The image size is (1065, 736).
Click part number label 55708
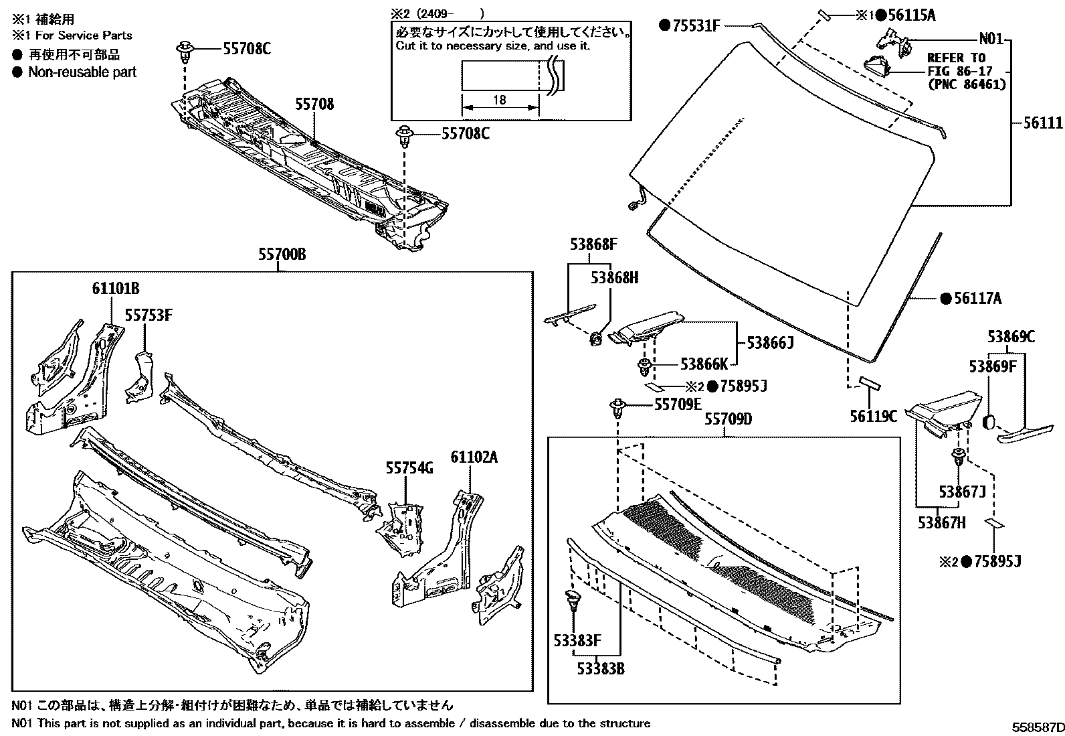click(x=315, y=104)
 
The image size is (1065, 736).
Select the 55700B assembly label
click(x=282, y=254)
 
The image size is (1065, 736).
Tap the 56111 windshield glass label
click(x=1043, y=123)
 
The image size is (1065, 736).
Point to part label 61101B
click(x=116, y=289)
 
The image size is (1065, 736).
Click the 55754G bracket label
click(x=409, y=468)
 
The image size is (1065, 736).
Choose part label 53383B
click(x=601, y=668)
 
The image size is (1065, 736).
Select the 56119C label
click(x=873, y=416)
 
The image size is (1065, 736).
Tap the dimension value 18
click(x=499, y=100)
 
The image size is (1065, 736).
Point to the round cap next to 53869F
click(x=989, y=422)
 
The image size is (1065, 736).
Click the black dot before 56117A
click(x=945, y=299)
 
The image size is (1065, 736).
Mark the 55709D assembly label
click(x=728, y=420)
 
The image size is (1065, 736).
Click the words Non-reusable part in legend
click(x=82, y=72)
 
